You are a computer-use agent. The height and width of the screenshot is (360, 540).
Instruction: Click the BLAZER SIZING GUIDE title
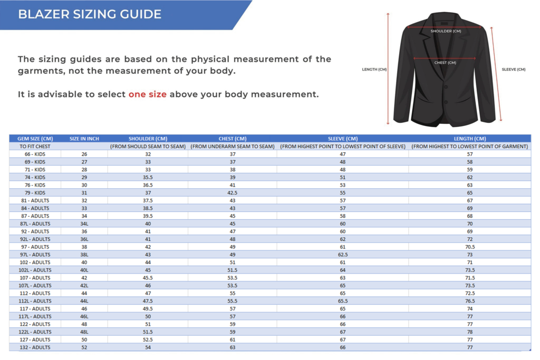(x=90, y=14)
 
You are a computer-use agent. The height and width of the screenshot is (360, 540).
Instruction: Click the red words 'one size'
(x=147, y=94)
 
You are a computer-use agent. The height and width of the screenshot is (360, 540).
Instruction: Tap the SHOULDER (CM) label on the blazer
(x=446, y=31)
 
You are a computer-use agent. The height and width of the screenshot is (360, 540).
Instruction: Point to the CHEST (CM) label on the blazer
(x=445, y=63)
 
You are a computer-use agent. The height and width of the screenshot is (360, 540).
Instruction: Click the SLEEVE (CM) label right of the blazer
(x=513, y=70)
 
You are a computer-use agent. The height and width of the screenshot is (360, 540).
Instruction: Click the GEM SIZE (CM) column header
(x=35, y=139)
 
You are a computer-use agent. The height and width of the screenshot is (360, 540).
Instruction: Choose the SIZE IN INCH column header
(x=84, y=139)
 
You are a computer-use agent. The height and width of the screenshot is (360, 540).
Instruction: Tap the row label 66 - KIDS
(x=35, y=154)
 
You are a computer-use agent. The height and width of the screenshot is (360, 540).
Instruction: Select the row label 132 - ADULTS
(x=35, y=347)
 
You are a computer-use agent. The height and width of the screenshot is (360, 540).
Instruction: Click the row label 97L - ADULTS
(x=35, y=255)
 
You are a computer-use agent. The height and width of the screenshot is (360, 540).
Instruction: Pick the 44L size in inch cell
(x=84, y=301)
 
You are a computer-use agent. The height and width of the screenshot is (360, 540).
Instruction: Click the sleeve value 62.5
(x=343, y=255)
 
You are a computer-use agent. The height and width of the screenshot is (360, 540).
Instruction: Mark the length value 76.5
(x=470, y=301)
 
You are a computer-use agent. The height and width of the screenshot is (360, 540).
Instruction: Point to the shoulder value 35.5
(x=148, y=178)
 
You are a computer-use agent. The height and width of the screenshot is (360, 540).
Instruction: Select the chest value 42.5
(x=233, y=193)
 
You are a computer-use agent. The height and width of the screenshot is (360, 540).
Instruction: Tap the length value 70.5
(x=470, y=247)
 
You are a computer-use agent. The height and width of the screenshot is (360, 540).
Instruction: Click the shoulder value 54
(x=148, y=347)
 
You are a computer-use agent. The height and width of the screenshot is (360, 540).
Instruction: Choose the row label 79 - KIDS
(x=35, y=193)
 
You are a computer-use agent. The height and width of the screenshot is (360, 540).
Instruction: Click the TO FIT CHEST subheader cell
(x=35, y=147)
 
